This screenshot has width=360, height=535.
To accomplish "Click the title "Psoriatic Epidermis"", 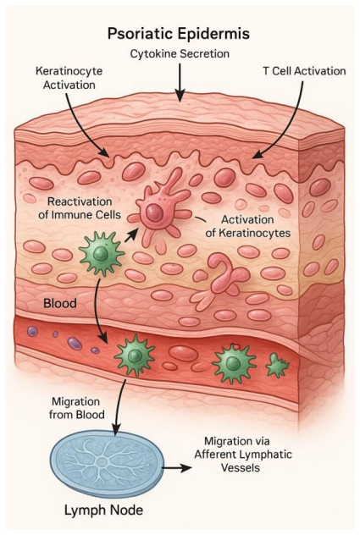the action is (x=178, y=34).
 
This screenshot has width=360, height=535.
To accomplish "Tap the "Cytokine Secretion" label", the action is (x=180, y=54).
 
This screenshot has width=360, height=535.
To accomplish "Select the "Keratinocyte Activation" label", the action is (x=69, y=78).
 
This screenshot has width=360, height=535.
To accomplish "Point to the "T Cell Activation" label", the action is (x=304, y=71).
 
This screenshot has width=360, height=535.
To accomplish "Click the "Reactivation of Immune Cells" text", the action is (x=80, y=208).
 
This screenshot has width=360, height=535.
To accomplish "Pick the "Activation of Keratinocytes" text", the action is (x=247, y=226).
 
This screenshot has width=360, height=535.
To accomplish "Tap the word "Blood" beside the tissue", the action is (x=60, y=303).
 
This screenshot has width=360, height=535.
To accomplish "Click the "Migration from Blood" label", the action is (x=76, y=408).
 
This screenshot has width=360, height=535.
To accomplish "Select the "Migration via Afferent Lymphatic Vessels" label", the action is (x=243, y=455).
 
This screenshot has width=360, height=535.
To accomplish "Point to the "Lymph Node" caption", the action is (x=103, y=510).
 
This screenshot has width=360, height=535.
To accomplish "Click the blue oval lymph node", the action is (x=107, y=463).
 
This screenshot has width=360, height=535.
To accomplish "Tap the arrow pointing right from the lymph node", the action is (x=176, y=468).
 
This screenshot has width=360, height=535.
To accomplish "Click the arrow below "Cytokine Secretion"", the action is (x=180, y=82).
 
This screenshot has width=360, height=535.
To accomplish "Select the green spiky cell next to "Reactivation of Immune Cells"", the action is (x=102, y=253).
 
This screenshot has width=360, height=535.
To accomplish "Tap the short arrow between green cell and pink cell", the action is (x=131, y=235).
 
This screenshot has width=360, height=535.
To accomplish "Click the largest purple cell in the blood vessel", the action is (x=75, y=343).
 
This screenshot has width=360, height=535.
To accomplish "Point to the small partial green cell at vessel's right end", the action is (x=277, y=365).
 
